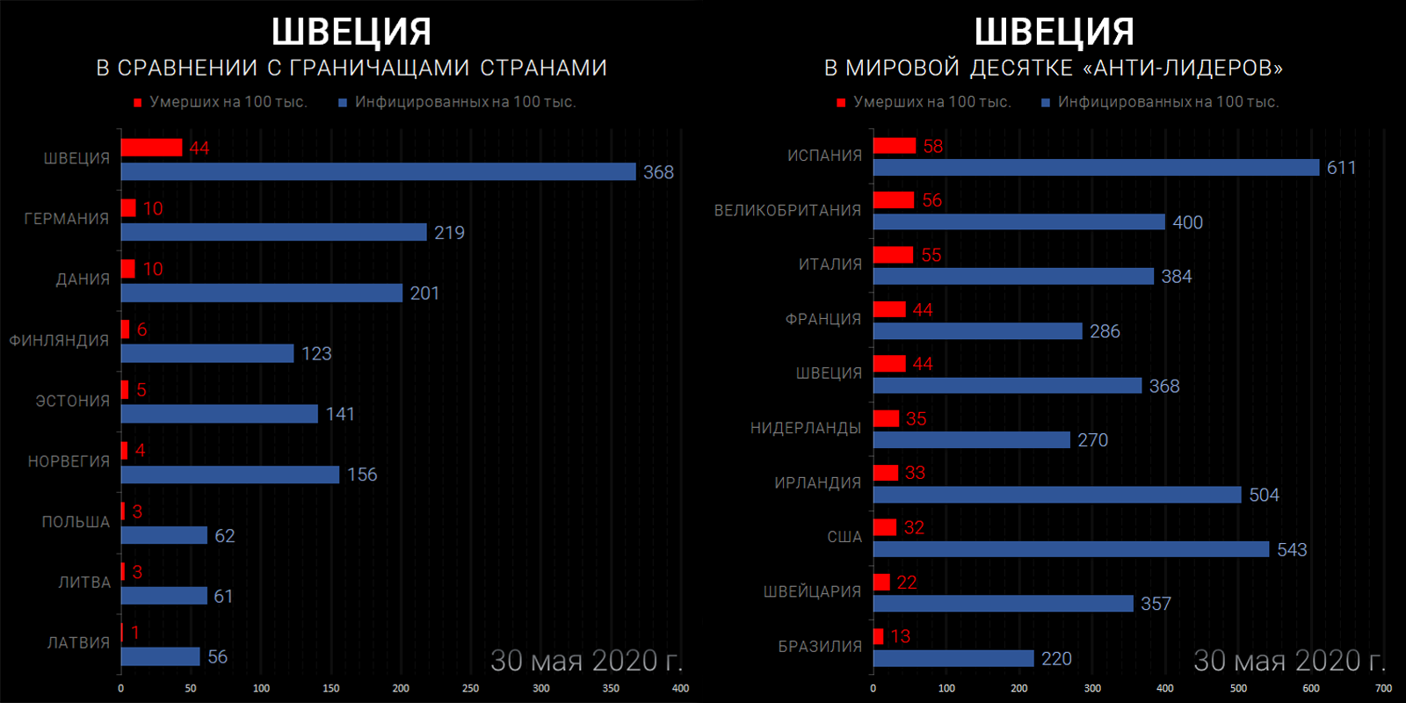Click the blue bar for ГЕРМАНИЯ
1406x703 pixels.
tap(273, 232)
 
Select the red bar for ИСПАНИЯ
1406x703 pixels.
tap(895, 146)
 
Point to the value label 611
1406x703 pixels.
tap(1341, 168)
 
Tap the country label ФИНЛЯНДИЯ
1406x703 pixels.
tap(59, 340)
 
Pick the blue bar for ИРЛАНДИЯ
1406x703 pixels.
tap(1057, 495)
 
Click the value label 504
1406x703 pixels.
tap(1264, 495)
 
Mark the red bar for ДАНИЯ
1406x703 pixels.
tap(128, 269)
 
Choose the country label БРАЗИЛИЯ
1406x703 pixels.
tap(820, 646)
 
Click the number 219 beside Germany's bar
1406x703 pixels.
tap(449, 233)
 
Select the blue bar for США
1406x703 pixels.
tap(1071, 549)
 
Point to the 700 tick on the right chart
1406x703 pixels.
tap(1383, 688)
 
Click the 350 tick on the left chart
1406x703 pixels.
tap(611, 688)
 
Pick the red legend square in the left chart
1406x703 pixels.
tap(137, 103)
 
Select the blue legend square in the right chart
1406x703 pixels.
tap(1046, 103)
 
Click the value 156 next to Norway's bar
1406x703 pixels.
tap(362, 475)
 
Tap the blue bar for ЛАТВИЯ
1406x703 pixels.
tap(160, 656)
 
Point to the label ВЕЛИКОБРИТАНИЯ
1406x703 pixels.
tap(787, 210)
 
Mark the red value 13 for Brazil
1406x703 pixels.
tap(901, 636)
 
